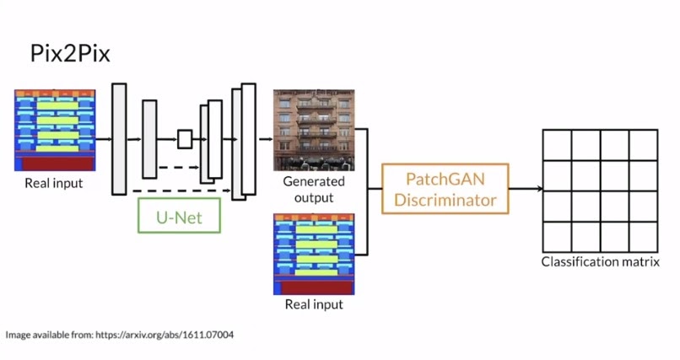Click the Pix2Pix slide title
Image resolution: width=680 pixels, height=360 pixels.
70,56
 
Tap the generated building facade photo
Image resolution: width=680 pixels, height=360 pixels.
313,130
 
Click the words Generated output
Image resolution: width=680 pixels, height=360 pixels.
313,190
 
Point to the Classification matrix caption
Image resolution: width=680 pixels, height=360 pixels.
600,262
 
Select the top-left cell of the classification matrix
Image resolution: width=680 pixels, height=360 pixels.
556,147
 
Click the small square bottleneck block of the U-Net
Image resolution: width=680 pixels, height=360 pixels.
185,139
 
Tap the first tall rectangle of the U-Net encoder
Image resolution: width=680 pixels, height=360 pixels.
119,139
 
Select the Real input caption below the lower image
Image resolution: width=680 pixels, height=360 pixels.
313,304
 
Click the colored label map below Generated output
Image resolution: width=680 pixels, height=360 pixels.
313,254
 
